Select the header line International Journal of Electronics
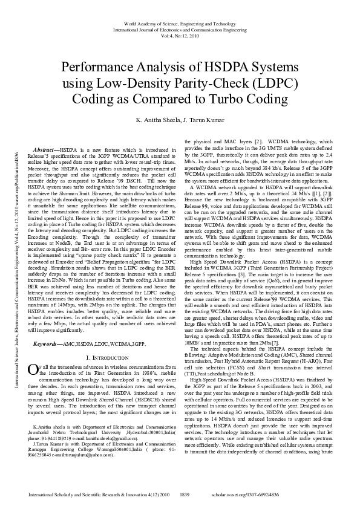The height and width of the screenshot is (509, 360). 180,28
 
